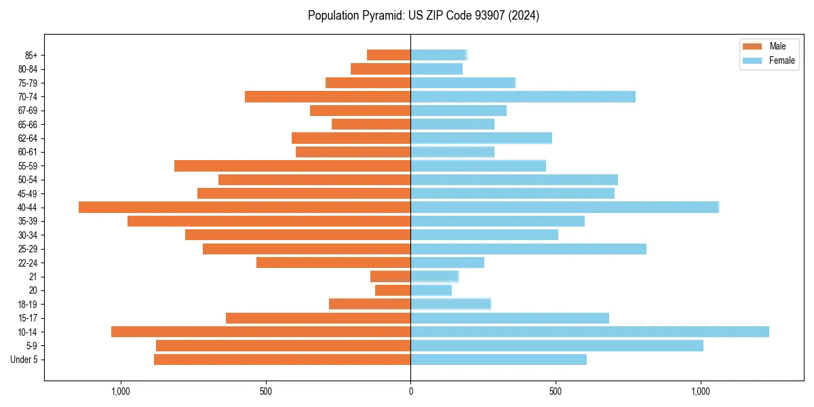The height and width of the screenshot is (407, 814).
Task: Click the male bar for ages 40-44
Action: pos(244,207)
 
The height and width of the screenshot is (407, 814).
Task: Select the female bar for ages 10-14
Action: pos(589,332)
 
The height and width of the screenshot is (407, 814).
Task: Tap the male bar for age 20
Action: pos(393,290)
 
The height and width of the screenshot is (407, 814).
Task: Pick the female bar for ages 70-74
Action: pos(523,96)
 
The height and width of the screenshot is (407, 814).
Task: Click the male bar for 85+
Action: pos(389,55)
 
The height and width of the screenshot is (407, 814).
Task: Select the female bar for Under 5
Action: pos(499,360)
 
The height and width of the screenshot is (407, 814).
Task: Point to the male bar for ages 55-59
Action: pos(292,166)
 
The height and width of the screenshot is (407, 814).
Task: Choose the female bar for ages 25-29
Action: pos(528,249)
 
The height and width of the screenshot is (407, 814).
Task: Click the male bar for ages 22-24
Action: pos(333,263)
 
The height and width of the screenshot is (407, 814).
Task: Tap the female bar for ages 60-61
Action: pos(452,152)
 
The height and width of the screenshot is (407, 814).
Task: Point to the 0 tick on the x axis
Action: pos(410,391)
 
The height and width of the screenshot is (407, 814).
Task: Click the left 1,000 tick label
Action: pos(120,391)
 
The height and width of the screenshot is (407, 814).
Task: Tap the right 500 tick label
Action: pos(556,391)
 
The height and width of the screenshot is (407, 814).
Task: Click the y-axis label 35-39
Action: pos(28,221)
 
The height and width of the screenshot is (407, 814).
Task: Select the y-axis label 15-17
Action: pos(28,318)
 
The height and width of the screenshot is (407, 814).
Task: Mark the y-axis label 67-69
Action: pos(28,111)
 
